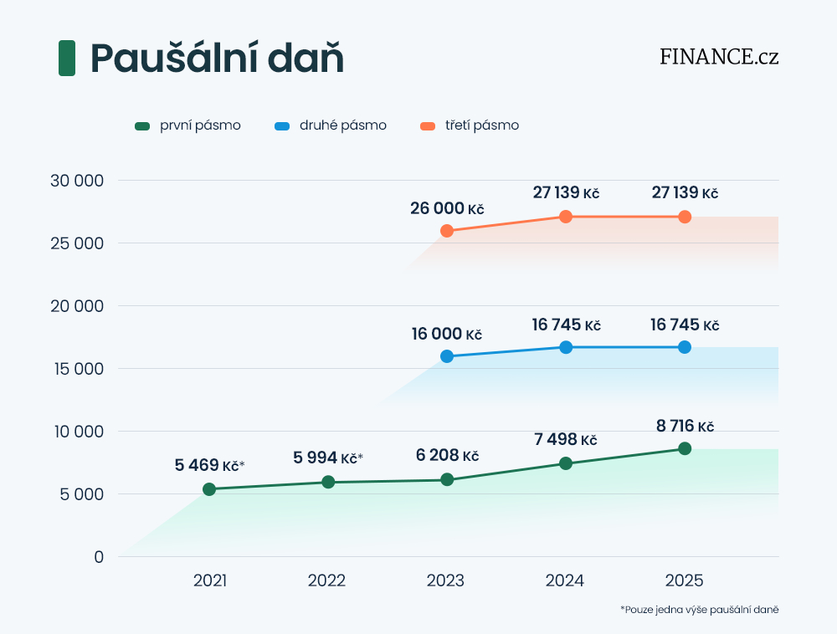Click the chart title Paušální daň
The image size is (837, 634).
(217, 59)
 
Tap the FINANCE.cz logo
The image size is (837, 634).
(719, 57)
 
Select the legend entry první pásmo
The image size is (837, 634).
(188, 125)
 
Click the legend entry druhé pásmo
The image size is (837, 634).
(331, 125)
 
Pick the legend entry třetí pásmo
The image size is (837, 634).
(470, 125)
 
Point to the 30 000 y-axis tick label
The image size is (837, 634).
(75, 181)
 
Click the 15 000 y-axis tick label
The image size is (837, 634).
(75, 369)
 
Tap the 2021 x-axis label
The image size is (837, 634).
(209, 580)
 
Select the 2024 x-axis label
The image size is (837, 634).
(565, 580)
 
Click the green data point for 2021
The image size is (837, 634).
(209, 489)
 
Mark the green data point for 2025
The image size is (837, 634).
(685, 448)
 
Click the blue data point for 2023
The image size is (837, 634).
(447, 356)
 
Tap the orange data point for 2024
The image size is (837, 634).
(566, 217)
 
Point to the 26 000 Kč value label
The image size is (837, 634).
(447, 208)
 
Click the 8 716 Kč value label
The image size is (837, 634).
(685, 426)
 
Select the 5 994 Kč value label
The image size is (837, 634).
(327, 458)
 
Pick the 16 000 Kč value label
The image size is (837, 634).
(447, 335)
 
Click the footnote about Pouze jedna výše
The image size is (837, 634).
(699, 610)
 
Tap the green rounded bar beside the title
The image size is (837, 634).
(67, 59)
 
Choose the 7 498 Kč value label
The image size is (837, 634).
(566, 440)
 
